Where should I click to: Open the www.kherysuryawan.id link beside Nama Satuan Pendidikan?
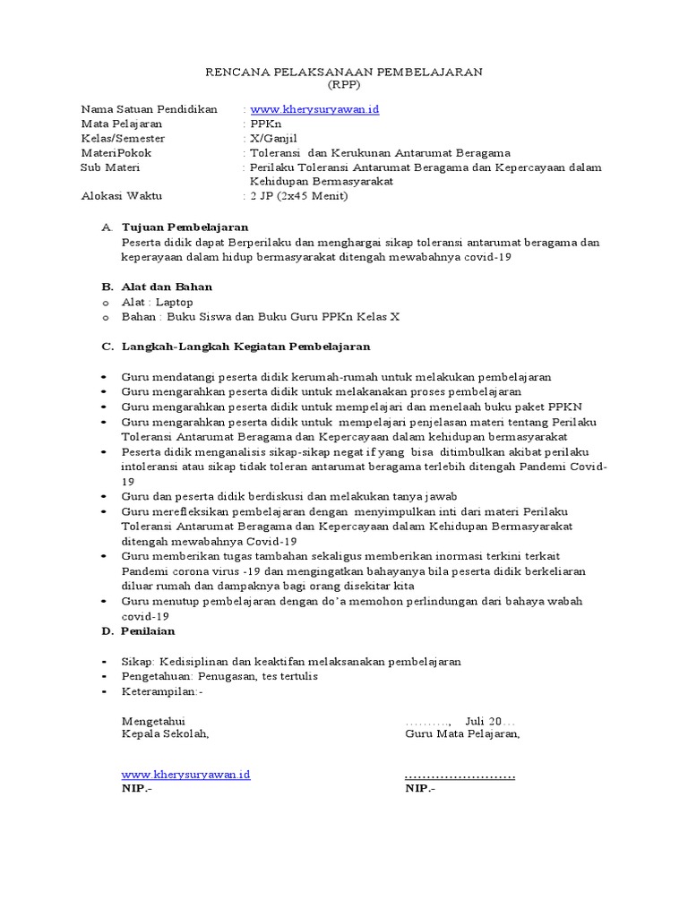[x=315, y=109]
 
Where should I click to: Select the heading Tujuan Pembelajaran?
[x=185, y=227]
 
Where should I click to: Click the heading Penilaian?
[x=150, y=631]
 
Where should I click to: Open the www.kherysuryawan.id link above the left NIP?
[x=185, y=774]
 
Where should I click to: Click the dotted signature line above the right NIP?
[x=460, y=775]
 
